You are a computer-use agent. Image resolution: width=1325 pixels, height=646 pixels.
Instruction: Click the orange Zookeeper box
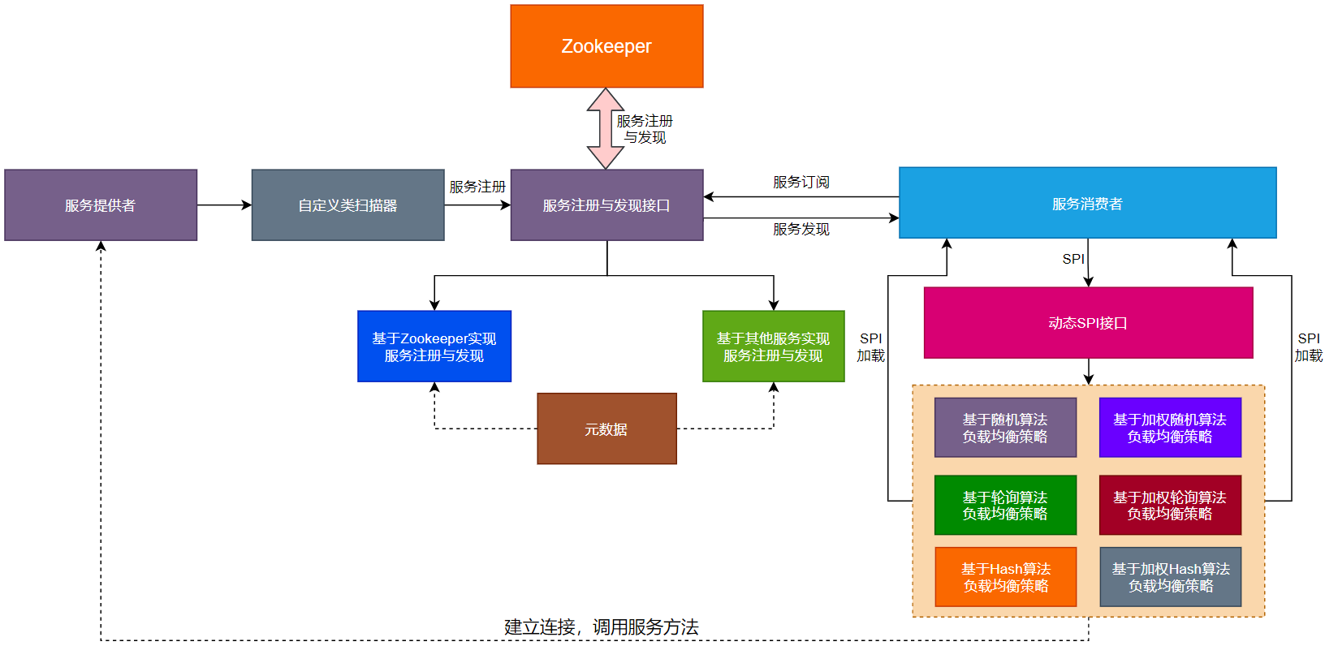tap(606, 46)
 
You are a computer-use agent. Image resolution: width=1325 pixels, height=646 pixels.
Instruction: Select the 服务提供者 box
tap(101, 205)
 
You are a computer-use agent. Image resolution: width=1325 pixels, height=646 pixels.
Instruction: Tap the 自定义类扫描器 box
tap(347, 205)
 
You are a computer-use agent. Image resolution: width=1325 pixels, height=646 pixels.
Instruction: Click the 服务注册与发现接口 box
tap(606, 205)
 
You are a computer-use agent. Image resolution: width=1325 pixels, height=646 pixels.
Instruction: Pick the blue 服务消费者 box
tap(1087, 203)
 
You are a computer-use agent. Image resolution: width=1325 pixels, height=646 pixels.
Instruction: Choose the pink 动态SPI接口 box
tap(1088, 323)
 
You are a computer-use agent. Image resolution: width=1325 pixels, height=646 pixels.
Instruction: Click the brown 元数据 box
tap(606, 429)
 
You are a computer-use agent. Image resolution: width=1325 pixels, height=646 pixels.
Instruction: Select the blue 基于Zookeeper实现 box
tap(434, 347)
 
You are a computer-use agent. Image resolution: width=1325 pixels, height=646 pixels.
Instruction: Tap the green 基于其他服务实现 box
tap(773, 347)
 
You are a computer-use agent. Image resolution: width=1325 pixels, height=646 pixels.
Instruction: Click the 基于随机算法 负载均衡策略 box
tap(1005, 428)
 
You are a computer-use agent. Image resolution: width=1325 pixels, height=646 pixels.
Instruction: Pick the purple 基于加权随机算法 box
tap(1170, 428)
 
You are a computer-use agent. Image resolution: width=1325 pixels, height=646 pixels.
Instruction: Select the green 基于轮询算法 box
tap(1005, 505)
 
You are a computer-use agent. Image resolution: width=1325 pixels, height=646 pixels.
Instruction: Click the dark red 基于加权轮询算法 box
tap(1170, 505)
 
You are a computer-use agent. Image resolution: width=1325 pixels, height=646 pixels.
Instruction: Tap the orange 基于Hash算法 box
tap(1005, 577)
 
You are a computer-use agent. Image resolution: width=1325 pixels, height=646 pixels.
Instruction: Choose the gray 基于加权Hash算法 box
tap(1170, 577)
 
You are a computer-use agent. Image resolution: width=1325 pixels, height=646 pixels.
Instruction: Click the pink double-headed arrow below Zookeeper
tap(606, 128)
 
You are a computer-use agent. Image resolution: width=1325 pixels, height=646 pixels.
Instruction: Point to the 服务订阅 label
tap(801, 182)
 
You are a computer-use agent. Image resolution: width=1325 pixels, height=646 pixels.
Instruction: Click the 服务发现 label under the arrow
tap(801, 229)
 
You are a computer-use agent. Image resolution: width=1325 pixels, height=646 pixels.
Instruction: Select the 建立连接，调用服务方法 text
tap(601, 627)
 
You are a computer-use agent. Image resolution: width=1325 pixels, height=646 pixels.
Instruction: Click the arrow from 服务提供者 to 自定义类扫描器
tap(224, 205)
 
